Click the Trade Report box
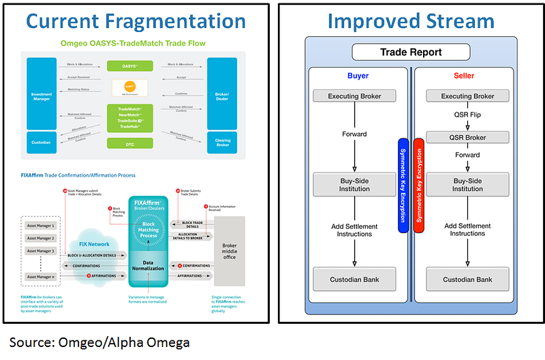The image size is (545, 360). click(411, 52)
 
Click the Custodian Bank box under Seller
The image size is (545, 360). click(467, 280)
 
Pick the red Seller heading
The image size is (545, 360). click(467, 76)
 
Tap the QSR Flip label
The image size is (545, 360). click(467, 115)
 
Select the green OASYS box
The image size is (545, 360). click(129, 65)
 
